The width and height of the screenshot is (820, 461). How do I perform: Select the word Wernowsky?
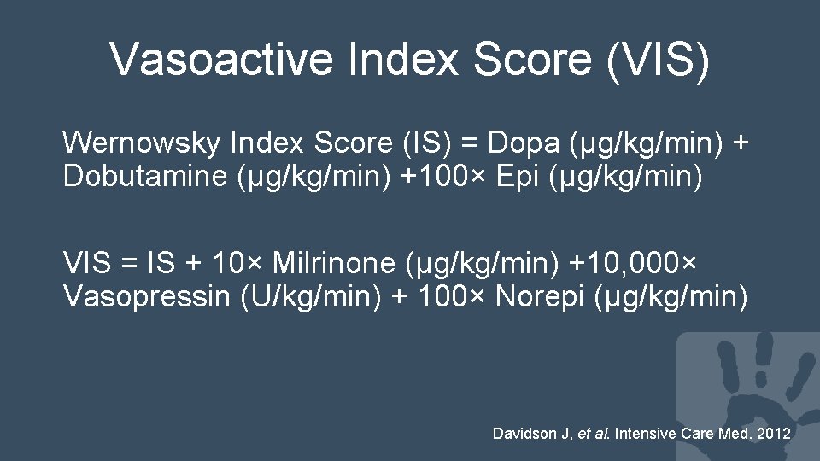tap(142, 142)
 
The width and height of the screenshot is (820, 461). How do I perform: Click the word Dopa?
tap(539, 142)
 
